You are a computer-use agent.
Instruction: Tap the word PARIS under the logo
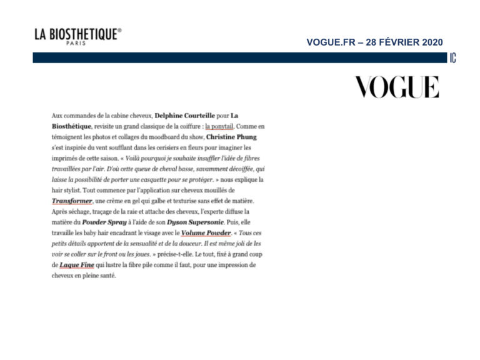[76, 44]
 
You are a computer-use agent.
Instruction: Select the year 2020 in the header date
[432, 42]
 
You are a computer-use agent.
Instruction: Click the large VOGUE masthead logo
[397, 87]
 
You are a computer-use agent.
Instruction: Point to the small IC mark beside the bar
[452, 58]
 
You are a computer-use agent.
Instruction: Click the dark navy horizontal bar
[237, 57]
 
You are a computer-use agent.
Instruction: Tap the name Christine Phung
[231, 137]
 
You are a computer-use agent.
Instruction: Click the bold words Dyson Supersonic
[197, 222]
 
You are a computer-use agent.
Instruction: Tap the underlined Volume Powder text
[201, 233]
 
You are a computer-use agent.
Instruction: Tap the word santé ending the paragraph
[108, 276]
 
